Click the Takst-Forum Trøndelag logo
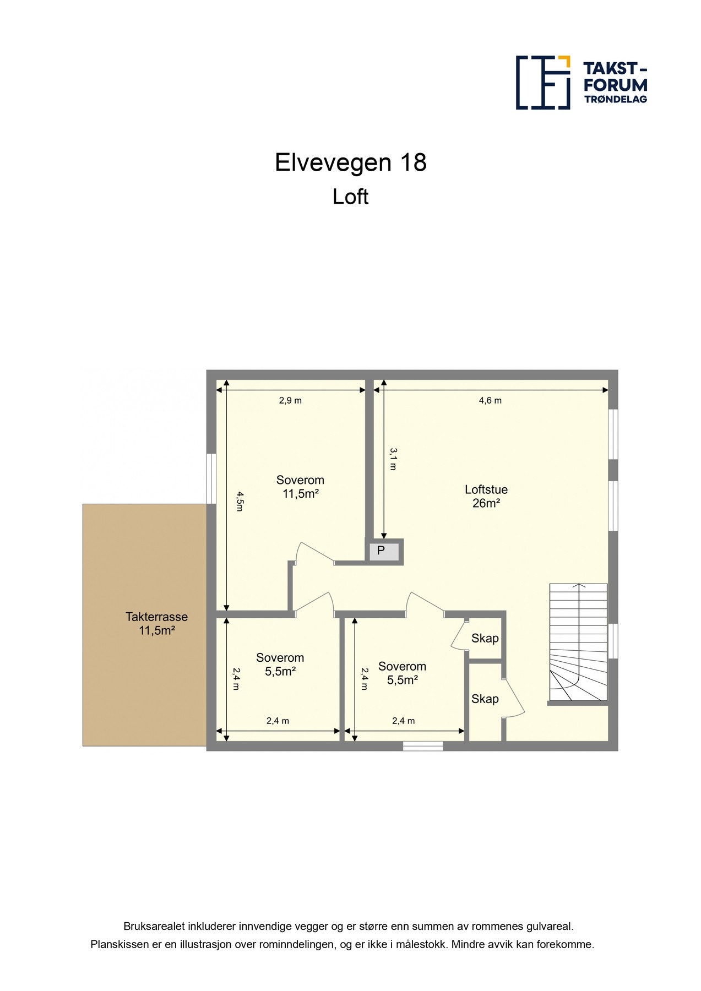581,83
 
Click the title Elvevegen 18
350,163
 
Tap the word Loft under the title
350,197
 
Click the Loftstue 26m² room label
486,496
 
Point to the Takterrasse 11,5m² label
156,624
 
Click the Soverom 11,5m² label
300,487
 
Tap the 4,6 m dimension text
490,401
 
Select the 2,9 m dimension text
290,401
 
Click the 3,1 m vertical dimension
393,459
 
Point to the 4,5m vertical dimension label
239,501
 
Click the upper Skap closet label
485,638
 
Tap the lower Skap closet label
485,699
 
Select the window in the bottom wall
422,746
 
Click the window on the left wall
211,478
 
